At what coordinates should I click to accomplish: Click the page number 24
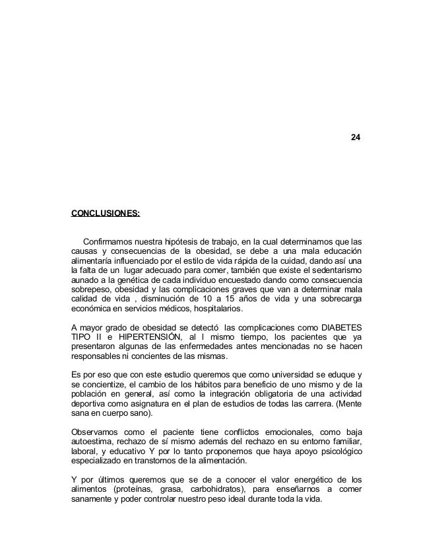355,137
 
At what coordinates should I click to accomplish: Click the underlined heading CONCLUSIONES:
106,214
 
